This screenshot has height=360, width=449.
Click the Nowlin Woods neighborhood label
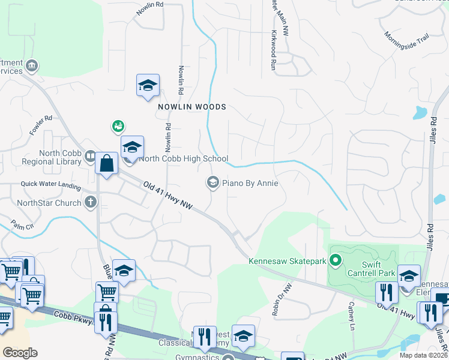click(x=191, y=107)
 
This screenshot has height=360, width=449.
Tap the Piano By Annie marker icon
click(x=212, y=182)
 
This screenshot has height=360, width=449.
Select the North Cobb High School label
click(x=183, y=159)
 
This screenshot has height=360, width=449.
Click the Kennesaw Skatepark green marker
click(x=336, y=260)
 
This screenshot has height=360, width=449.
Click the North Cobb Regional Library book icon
click(x=90, y=157)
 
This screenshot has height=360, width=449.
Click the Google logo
click(x=20, y=353)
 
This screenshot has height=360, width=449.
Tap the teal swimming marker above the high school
click(x=118, y=126)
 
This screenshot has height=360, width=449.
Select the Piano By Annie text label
click(x=250, y=183)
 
